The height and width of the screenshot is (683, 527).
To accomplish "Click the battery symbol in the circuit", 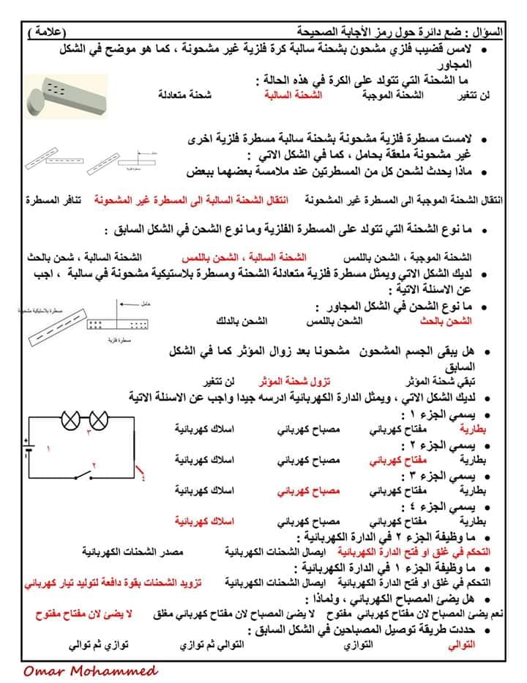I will pos(27,448).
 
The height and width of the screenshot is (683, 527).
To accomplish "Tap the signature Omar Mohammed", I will pos(90,671).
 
